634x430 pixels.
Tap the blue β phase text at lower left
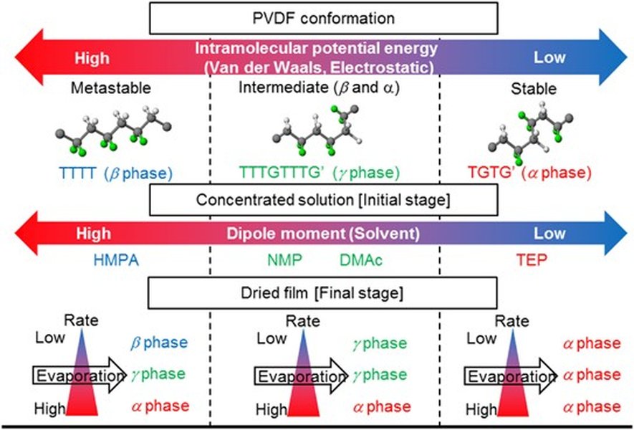pos(159,343)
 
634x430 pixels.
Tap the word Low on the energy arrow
pos(549,57)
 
